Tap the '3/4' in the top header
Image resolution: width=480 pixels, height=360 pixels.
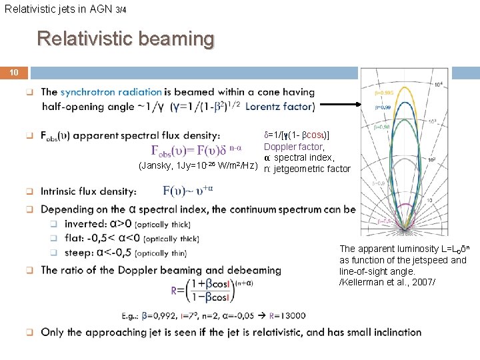(120, 10)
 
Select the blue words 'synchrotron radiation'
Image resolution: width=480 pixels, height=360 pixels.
(111, 92)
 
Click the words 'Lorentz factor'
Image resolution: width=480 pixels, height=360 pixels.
(280, 106)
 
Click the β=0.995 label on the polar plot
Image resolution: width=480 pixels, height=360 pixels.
(383, 94)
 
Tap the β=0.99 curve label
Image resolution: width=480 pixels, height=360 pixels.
(382, 107)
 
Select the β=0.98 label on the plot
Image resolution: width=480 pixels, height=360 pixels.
(382, 127)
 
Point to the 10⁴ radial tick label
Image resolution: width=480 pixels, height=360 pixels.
(437, 84)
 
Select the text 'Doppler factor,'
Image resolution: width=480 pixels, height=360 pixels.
(294, 147)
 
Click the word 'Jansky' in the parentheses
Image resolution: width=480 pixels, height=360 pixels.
(157, 166)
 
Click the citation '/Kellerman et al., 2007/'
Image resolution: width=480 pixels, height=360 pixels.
(387, 282)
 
